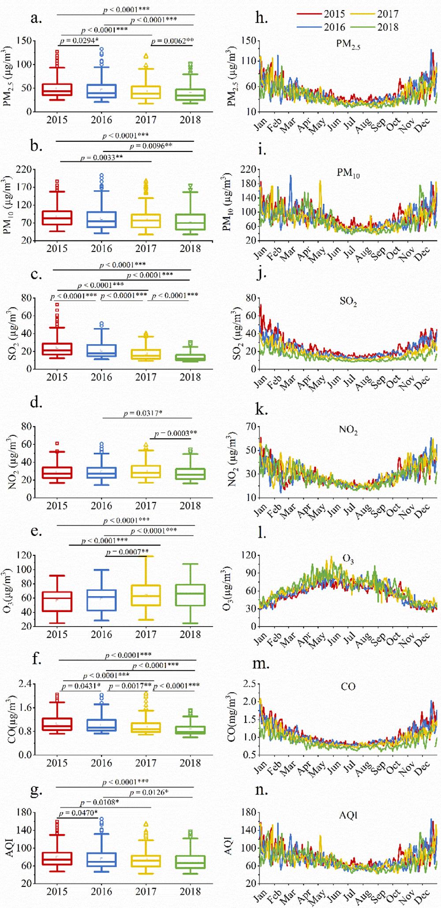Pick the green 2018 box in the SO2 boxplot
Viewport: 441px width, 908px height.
(x=190, y=358)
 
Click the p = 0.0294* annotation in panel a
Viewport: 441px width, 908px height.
(x=79, y=41)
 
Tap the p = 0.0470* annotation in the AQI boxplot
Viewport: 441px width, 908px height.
(x=78, y=813)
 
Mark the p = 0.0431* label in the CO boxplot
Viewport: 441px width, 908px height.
(x=82, y=686)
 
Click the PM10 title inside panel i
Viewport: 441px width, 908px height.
(x=348, y=173)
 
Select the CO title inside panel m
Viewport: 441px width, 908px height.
(x=348, y=687)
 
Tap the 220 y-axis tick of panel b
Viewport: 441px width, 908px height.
(x=25, y=169)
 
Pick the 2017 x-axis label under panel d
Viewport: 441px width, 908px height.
(x=146, y=506)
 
